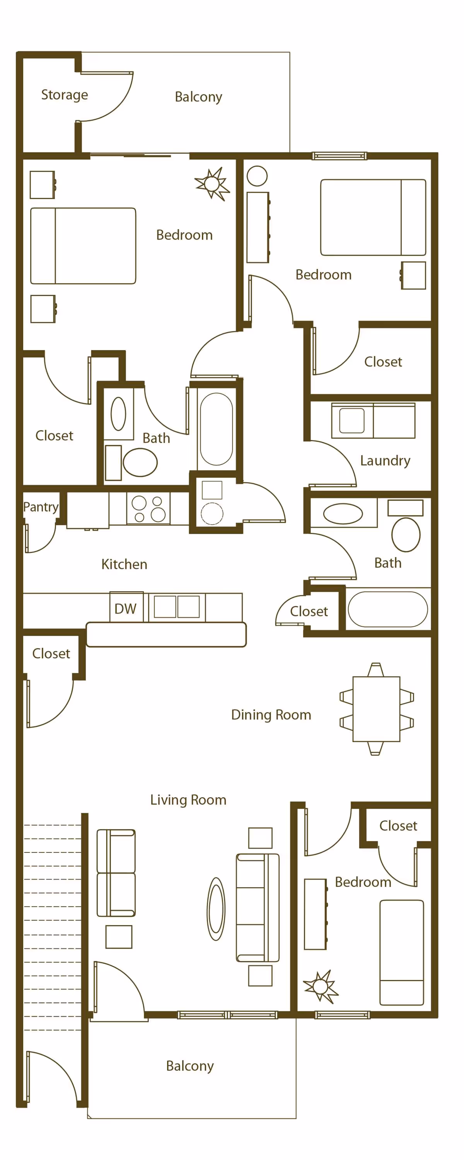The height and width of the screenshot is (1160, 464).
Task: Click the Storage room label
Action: [x=65, y=95]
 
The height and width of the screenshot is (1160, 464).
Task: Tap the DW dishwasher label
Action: [x=125, y=609]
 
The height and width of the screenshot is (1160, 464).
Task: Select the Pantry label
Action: [x=41, y=507]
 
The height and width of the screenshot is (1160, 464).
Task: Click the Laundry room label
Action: [x=385, y=461]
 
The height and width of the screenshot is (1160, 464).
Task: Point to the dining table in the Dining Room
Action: [x=376, y=709]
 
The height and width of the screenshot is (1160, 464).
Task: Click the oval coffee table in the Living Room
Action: [x=216, y=909]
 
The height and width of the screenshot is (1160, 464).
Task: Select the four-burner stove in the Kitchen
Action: [x=148, y=509]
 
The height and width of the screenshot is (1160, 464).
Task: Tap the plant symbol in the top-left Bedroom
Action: [x=212, y=184]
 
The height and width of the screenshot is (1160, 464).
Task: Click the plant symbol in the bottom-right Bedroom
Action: [x=320, y=986]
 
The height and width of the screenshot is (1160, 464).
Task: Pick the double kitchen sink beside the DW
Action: [x=177, y=607]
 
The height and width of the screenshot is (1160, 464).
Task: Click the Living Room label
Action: [x=188, y=800]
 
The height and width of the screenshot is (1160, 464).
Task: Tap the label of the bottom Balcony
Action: [x=189, y=1066]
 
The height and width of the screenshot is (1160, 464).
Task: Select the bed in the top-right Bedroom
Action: [x=373, y=218]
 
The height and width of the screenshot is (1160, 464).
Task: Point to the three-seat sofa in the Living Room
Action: [x=258, y=907]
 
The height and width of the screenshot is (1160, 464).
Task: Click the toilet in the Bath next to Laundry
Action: [x=406, y=534]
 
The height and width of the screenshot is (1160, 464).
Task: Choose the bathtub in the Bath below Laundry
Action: [x=387, y=609]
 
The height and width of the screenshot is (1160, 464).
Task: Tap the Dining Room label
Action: [x=271, y=715]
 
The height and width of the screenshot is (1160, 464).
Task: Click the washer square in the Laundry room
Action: [x=352, y=420]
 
